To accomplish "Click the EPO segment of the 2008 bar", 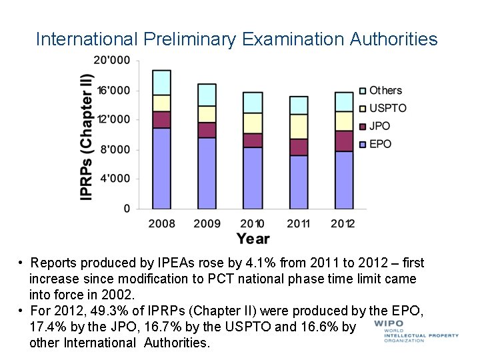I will tap(161, 168).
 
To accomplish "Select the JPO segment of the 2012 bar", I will tap(344, 141).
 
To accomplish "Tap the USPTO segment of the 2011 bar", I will tap(299, 127).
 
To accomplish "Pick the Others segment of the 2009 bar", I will tap(207, 95).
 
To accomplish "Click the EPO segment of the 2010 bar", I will tap(253, 178).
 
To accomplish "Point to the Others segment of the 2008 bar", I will tap(161, 82).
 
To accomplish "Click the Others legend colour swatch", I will tap(363, 91).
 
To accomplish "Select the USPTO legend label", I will tap(387, 108).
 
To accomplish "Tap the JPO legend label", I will tap(379, 126).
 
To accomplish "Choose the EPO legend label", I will tap(380, 144).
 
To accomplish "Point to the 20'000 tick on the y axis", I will tap(112, 60).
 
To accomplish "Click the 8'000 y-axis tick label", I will tap(115, 149).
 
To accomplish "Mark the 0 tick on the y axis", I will tap(127, 209).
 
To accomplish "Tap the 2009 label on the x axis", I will tap(207, 223).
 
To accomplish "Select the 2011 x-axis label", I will tap(299, 223).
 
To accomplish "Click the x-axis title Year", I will tap(253, 239).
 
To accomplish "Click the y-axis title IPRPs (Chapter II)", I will tap(86, 127).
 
